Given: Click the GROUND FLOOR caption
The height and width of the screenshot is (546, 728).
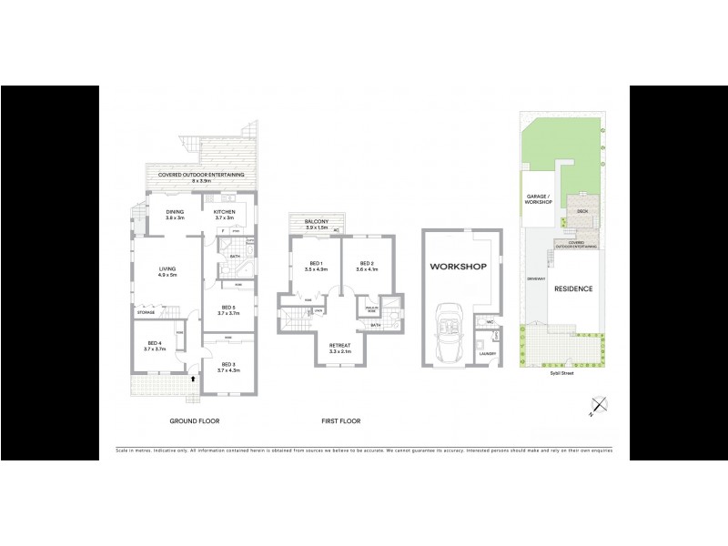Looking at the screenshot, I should [195, 420].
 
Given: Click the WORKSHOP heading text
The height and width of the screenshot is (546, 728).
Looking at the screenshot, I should [460, 267].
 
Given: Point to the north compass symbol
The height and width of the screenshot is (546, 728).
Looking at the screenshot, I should [597, 406].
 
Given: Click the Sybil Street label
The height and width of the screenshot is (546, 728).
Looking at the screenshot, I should [561, 372].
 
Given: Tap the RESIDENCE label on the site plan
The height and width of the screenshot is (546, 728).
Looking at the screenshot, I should [573, 289].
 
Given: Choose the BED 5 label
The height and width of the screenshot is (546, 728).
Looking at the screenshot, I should [227, 308].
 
